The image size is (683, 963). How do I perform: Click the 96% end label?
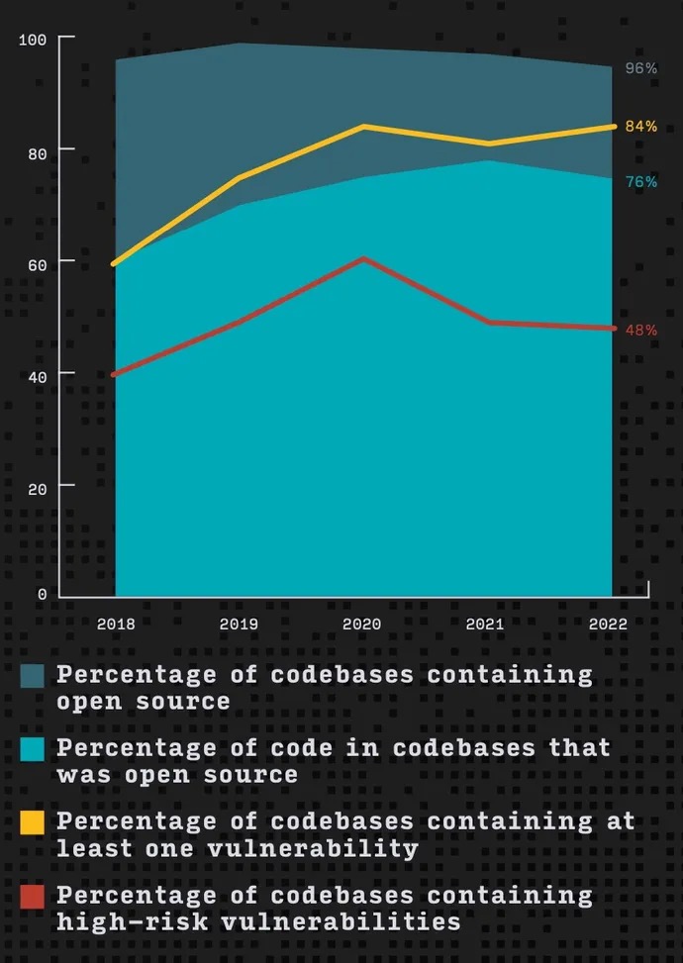pos(640,69)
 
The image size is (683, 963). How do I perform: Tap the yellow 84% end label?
pos(640,127)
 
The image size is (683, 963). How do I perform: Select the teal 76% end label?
pos(640,181)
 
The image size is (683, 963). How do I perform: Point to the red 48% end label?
pos(640,330)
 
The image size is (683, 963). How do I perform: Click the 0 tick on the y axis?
pos(42,594)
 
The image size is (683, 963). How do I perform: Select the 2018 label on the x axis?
pos(116,626)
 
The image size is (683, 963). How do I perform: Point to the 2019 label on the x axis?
pos(239,626)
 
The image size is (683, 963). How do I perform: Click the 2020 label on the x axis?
pos(363,626)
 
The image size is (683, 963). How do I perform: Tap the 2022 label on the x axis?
pos(608,626)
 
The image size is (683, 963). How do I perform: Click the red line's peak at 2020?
pos(363,259)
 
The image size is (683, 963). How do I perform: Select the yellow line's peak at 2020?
pos(363,127)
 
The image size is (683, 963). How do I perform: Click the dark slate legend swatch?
pos(33,676)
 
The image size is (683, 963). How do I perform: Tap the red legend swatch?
pos(33,897)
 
